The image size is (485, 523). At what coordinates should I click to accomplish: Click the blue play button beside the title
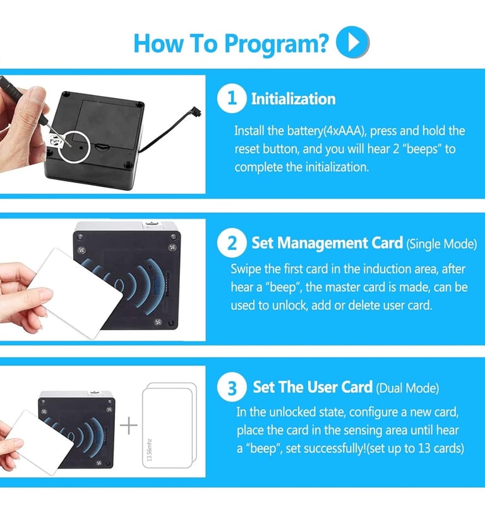352,42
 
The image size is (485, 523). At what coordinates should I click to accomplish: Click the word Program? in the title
276,44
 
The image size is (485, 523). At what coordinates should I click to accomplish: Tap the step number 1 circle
232,99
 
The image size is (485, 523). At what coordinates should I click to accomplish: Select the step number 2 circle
232,243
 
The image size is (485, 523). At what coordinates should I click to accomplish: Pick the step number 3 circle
232,387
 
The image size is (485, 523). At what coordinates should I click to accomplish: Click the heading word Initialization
293,99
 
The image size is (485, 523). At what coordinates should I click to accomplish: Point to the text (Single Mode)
441,244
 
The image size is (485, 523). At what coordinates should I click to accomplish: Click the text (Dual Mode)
407,388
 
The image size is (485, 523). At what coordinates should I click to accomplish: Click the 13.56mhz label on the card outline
149,450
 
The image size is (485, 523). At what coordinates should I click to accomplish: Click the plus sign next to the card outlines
128,426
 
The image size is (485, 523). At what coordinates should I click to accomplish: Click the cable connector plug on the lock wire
196,112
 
